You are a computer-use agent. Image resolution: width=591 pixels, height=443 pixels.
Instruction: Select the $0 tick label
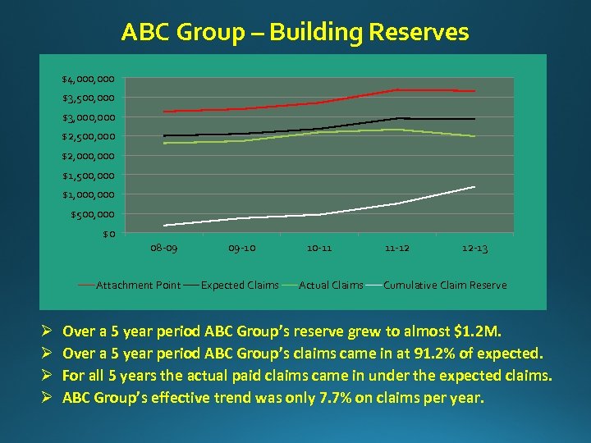point(109,235)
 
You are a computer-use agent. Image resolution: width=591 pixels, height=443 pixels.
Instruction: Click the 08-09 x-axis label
point(164,248)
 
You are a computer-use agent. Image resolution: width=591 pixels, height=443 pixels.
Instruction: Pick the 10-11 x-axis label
point(319,248)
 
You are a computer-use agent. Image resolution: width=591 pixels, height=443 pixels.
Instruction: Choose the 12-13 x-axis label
point(474,248)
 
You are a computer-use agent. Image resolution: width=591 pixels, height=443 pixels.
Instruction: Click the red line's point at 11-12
point(397,89)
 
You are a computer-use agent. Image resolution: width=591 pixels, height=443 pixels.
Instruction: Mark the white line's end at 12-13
point(474,187)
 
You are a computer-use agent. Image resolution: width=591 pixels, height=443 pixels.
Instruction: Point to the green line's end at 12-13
point(474,136)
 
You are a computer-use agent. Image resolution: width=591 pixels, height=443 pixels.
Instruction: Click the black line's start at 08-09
point(165,135)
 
